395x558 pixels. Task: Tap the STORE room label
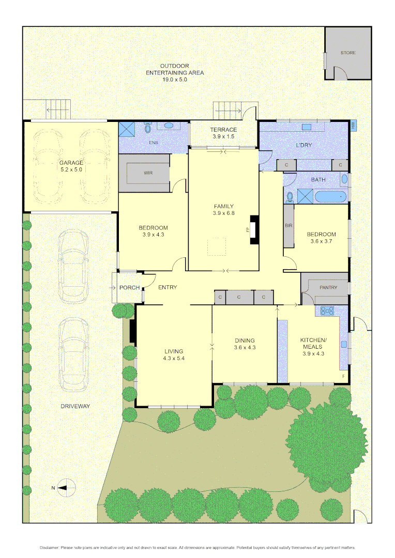pyautogui.click(x=348, y=53)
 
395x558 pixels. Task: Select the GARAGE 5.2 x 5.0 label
pyautogui.click(x=71, y=166)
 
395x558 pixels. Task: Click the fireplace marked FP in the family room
pyautogui.click(x=254, y=229)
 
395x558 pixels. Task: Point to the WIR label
pyautogui.click(x=148, y=173)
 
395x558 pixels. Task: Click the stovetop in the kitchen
pyautogui.click(x=327, y=311)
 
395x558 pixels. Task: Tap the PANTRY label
pyautogui.click(x=328, y=288)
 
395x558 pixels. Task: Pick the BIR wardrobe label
pyautogui.click(x=288, y=226)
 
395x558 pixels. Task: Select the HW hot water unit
pyautogui.click(x=354, y=126)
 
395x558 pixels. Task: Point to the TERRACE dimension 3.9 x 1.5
pyautogui.click(x=223, y=137)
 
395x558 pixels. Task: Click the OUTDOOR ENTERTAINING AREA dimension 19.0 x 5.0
pyautogui.click(x=174, y=80)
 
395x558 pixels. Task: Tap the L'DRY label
pyautogui.click(x=303, y=145)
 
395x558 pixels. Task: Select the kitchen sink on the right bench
pyautogui.click(x=344, y=344)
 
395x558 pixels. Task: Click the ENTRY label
pyautogui.click(x=168, y=287)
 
